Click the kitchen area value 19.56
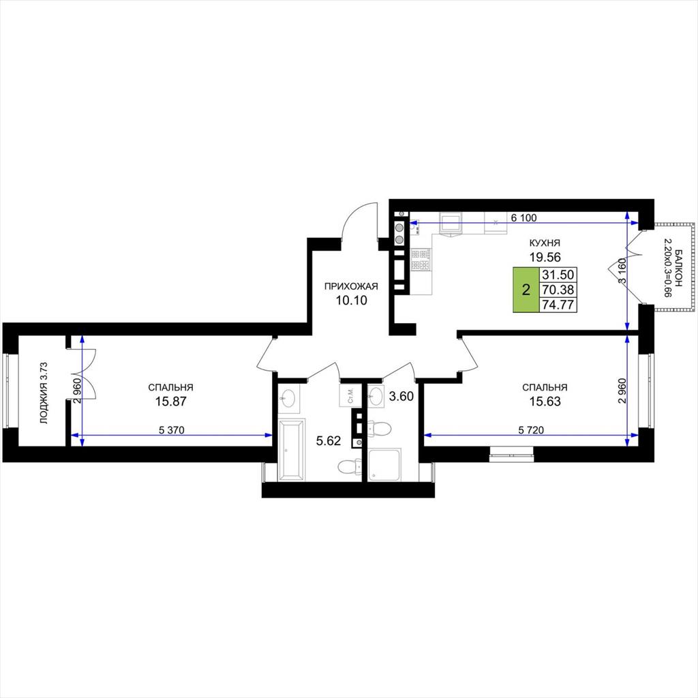click(x=545, y=257)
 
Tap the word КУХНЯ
click(x=545, y=243)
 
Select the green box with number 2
click(x=526, y=290)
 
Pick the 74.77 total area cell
click(x=558, y=305)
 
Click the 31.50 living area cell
click(x=558, y=275)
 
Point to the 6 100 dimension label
click(x=523, y=217)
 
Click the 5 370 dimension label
click(x=171, y=430)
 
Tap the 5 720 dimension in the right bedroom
click(x=531, y=430)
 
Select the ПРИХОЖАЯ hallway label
click(x=351, y=286)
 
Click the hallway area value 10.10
click(x=351, y=301)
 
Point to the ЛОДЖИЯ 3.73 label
click(x=43, y=392)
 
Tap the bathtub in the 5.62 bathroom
click(x=292, y=450)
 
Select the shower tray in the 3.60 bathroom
click(x=384, y=465)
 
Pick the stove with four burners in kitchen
click(x=421, y=260)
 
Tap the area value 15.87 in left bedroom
click(x=171, y=401)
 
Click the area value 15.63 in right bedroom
click(x=545, y=401)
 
